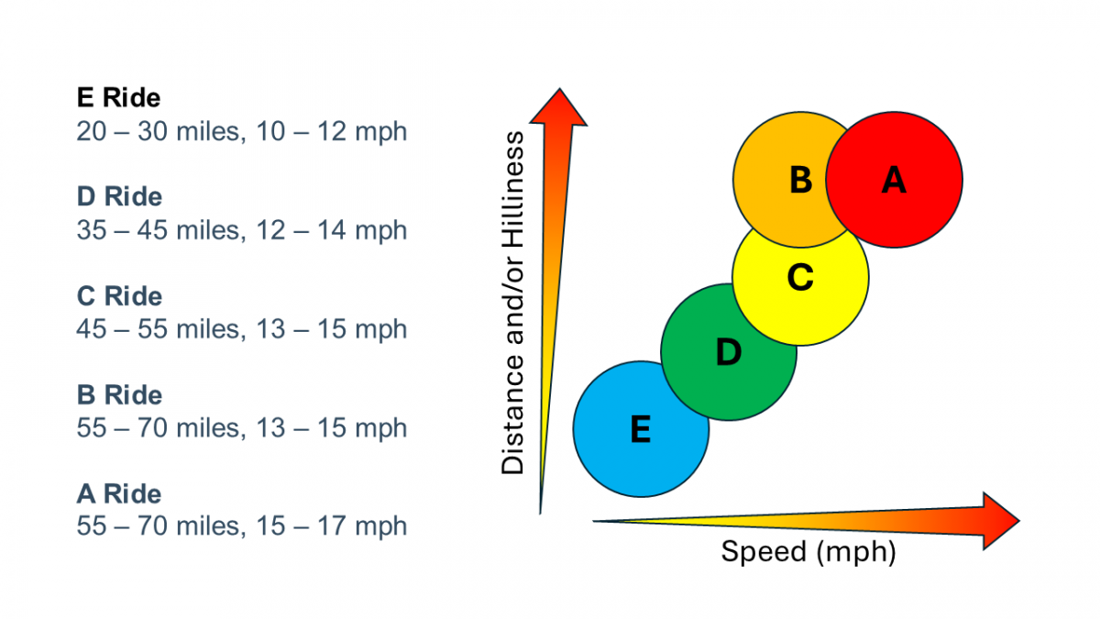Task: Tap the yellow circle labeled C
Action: pyautogui.click(x=801, y=284)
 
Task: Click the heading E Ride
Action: pyautogui.click(x=119, y=97)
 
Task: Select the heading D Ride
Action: pyautogui.click(x=119, y=197)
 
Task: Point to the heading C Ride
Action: pyautogui.click(x=119, y=296)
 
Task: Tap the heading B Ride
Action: pyautogui.click(x=119, y=395)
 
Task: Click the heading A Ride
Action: pyautogui.click(x=119, y=494)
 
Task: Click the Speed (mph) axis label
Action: pyautogui.click(x=808, y=552)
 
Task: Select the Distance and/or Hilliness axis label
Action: pyautogui.click(x=514, y=303)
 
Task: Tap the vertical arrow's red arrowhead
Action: pyautogui.click(x=558, y=105)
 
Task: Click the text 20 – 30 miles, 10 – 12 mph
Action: pyautogui.click(x=241, y=131)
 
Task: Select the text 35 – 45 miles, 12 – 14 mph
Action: pyautogui.click(x=241, y=230)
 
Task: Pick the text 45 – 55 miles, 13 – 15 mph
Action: pyautogui.click(x=241, y=329)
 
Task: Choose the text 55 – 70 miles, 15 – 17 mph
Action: pyautogui.click(x=241, y=527)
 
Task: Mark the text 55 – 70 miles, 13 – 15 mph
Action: pyautogui.click(x=241, y=428)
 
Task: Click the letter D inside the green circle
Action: pyautogui.click(x=728, y=353)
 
